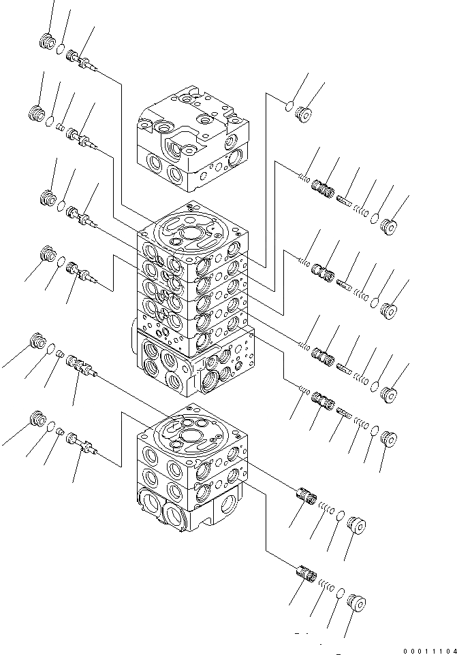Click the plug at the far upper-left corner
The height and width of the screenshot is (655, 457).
pos(47,41)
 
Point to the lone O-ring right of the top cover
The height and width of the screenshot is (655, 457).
pos(289,105)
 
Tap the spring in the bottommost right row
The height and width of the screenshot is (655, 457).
pos(325,585)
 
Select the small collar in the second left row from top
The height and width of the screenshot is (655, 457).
pos(59,127)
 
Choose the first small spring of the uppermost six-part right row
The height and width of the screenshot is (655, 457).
pos(303,178)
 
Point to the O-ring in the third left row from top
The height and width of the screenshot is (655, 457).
pos(61,207)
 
